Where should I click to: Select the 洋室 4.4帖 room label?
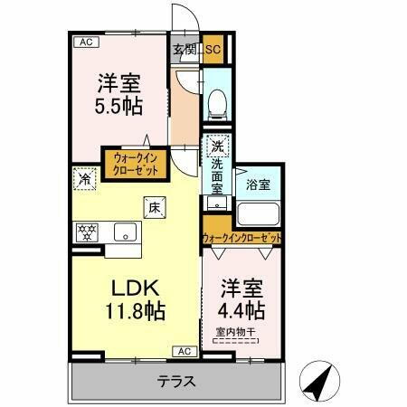click(241, 299)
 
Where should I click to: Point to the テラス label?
click(176, 381)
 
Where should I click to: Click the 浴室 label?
click(259, 185)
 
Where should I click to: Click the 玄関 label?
click(184, 51)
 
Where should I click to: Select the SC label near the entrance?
click(214, 51)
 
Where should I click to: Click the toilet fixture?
click(217, 105)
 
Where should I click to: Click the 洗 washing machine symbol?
click(217, 146)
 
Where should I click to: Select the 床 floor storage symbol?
click(154, 207)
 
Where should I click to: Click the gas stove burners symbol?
click(88, 231)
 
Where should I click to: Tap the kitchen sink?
click(122, 233)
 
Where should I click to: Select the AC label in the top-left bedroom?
click(83, 42)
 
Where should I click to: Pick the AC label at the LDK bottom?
click(181, 351)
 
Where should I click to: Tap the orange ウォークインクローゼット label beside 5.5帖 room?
click(136, 163)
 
